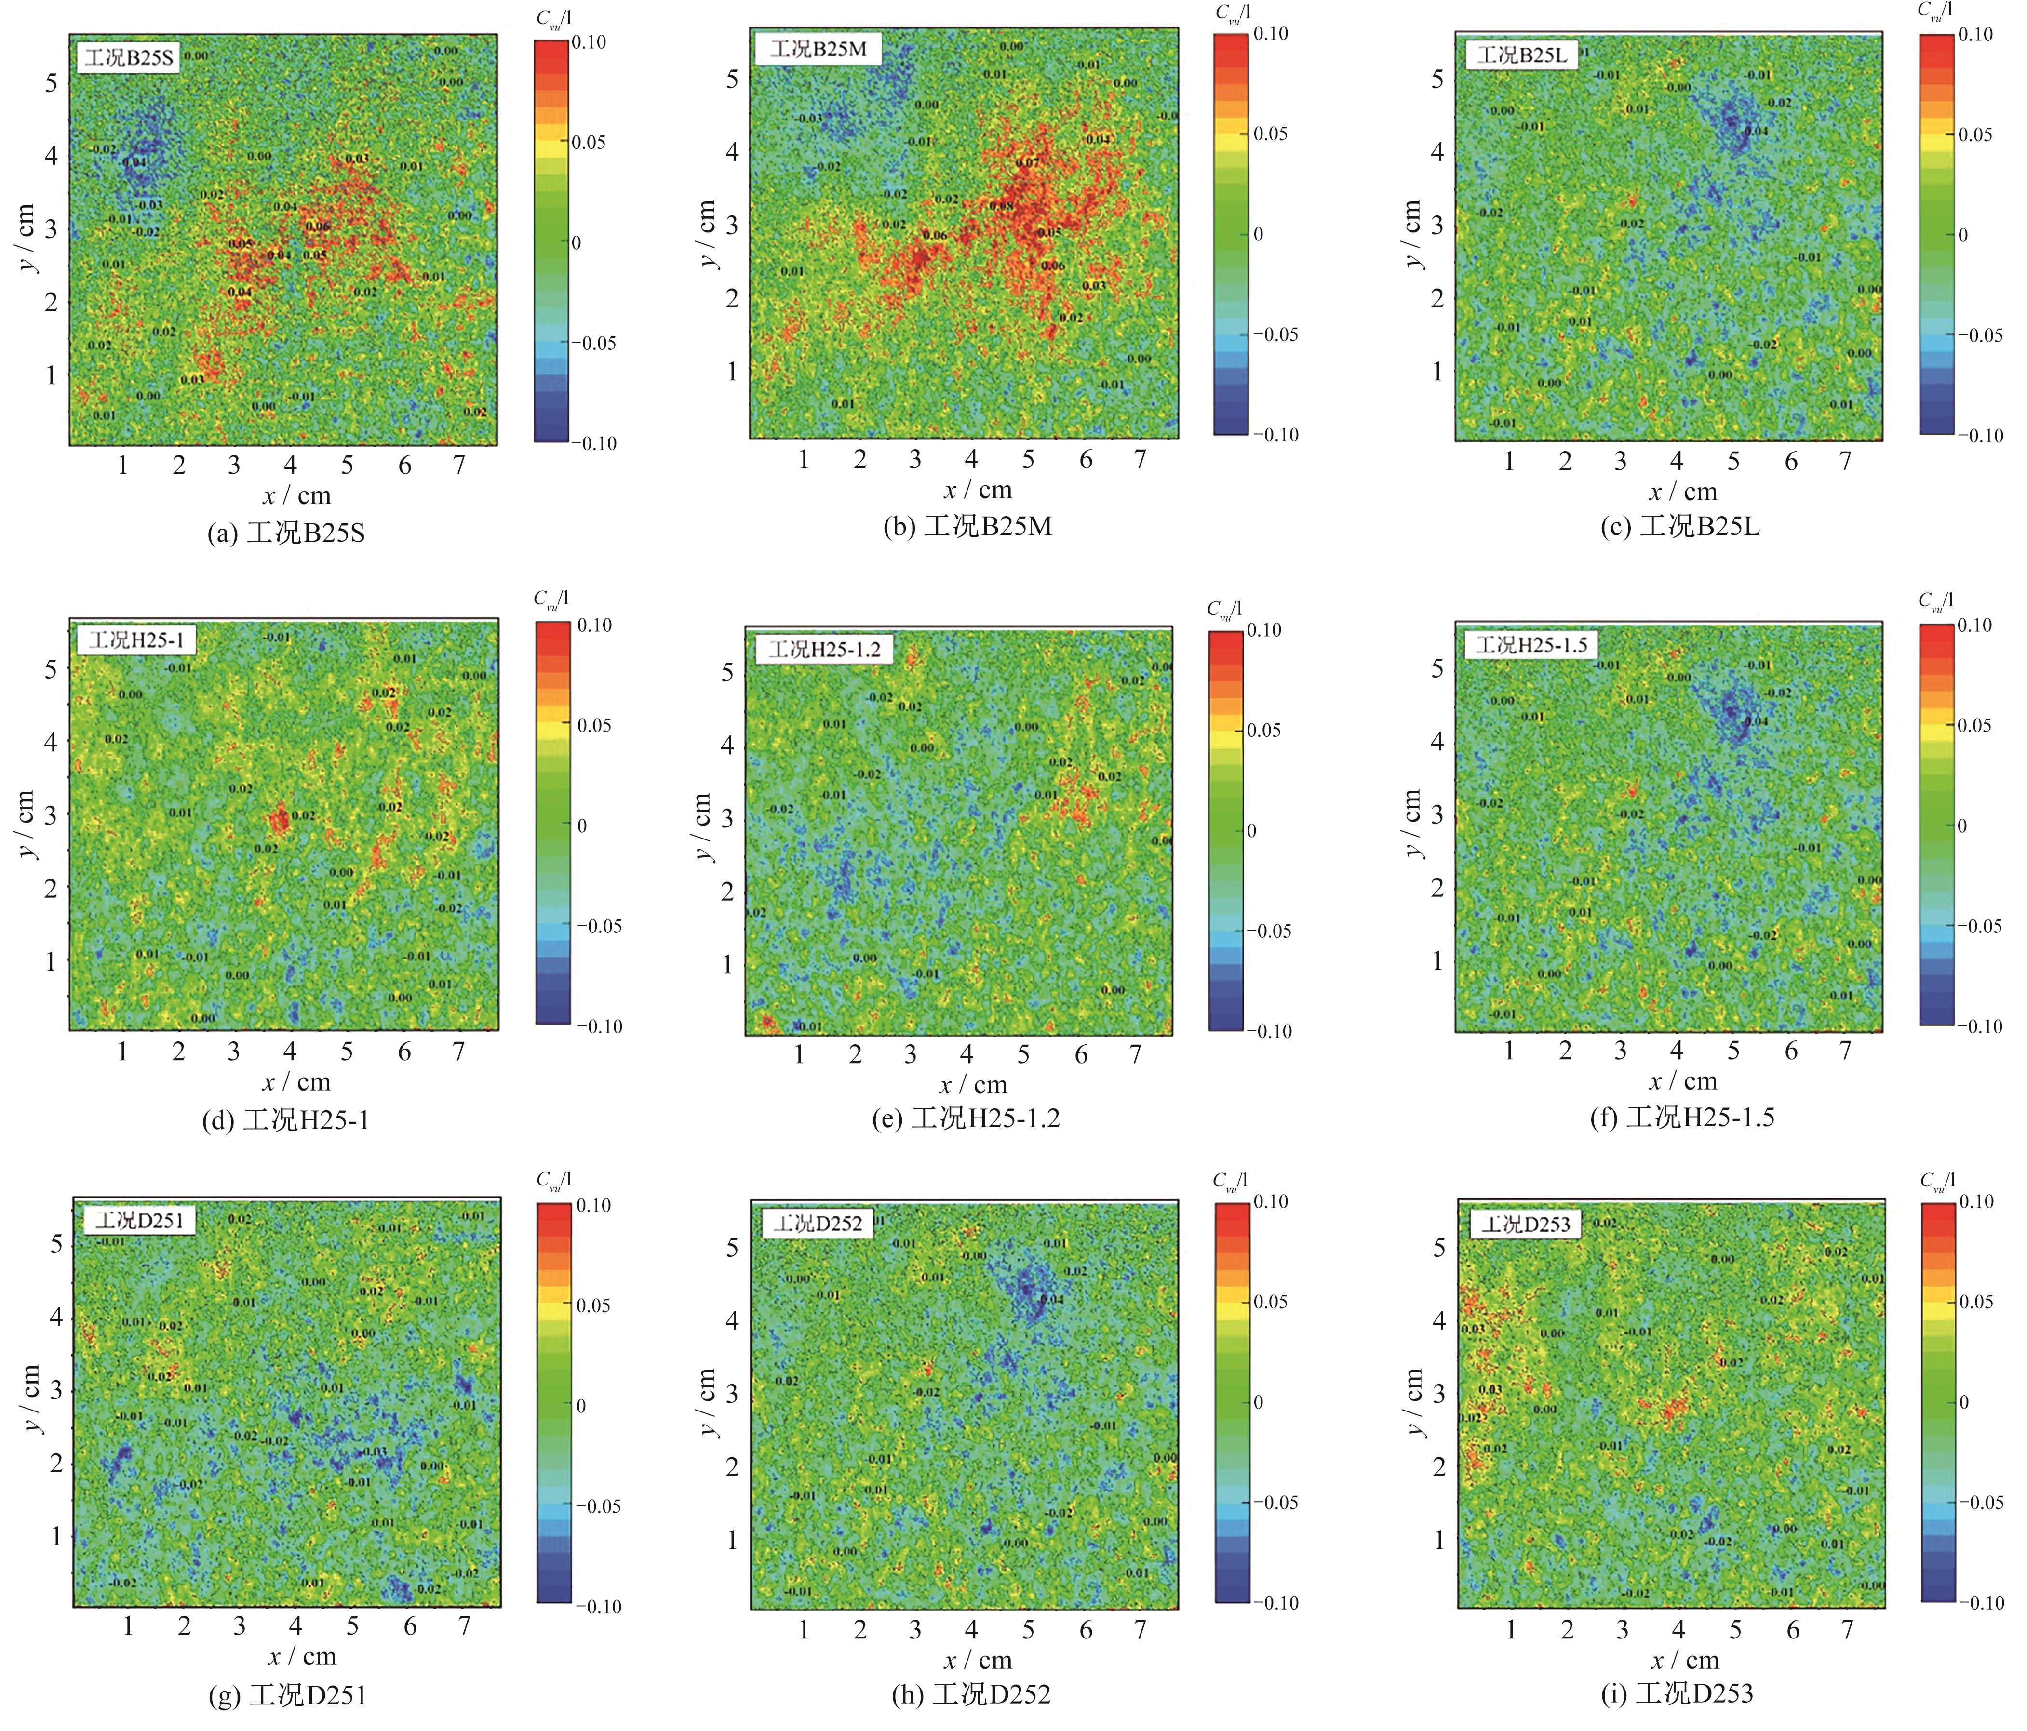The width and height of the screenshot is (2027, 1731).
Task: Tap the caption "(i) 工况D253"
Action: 1676,1693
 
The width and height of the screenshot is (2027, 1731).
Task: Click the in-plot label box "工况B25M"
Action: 818,49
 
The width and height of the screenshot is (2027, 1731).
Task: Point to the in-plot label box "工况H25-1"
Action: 135,640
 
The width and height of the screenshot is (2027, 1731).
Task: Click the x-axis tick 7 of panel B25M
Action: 1140,460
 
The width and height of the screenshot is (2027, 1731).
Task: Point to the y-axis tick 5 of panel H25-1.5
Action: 1437,669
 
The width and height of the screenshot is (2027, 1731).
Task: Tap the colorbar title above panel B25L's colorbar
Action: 1934,12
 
